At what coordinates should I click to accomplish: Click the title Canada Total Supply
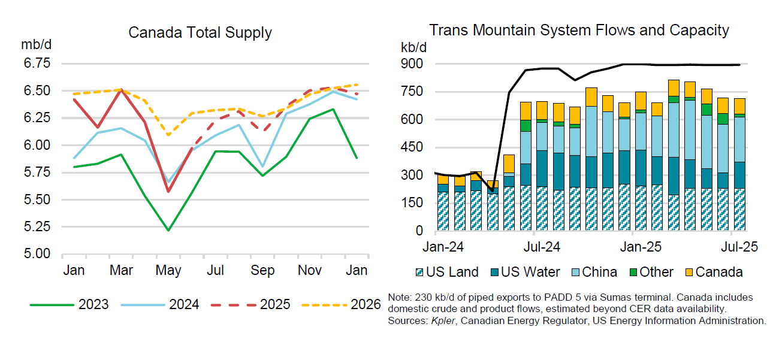click(x=200, y=33)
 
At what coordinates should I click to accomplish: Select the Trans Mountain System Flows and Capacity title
click(x=579, y=30)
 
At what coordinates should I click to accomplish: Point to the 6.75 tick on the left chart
click(x=37, y=63)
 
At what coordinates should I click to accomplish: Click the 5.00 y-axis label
click(x=37, y=253)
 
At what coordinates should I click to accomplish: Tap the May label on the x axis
click(x=168, y=271)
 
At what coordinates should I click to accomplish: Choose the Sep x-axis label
click(x=262, y=271)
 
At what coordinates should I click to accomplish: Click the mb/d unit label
click(x=36, y=44)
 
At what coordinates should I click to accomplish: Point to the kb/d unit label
click(x=413, y=47)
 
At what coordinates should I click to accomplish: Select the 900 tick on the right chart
click(x=412, y=64)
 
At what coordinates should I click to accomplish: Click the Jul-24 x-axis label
click(x=542, y=247)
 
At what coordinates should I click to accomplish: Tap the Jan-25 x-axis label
click(x=641, y=247)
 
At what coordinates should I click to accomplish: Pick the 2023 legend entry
click(x=69, y=305)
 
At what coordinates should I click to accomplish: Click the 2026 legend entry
click(x=341, y=305)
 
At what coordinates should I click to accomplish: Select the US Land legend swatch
click(x=419, y=273)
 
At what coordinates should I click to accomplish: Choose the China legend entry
click(x=594, y=272)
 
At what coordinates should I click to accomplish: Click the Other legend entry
click(x=651, y=272)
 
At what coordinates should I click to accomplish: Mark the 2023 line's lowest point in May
click(x=168, y=230)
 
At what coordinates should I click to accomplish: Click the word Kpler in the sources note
click(x=443, y=320)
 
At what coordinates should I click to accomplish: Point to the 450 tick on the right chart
click(x=412, y=147)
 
